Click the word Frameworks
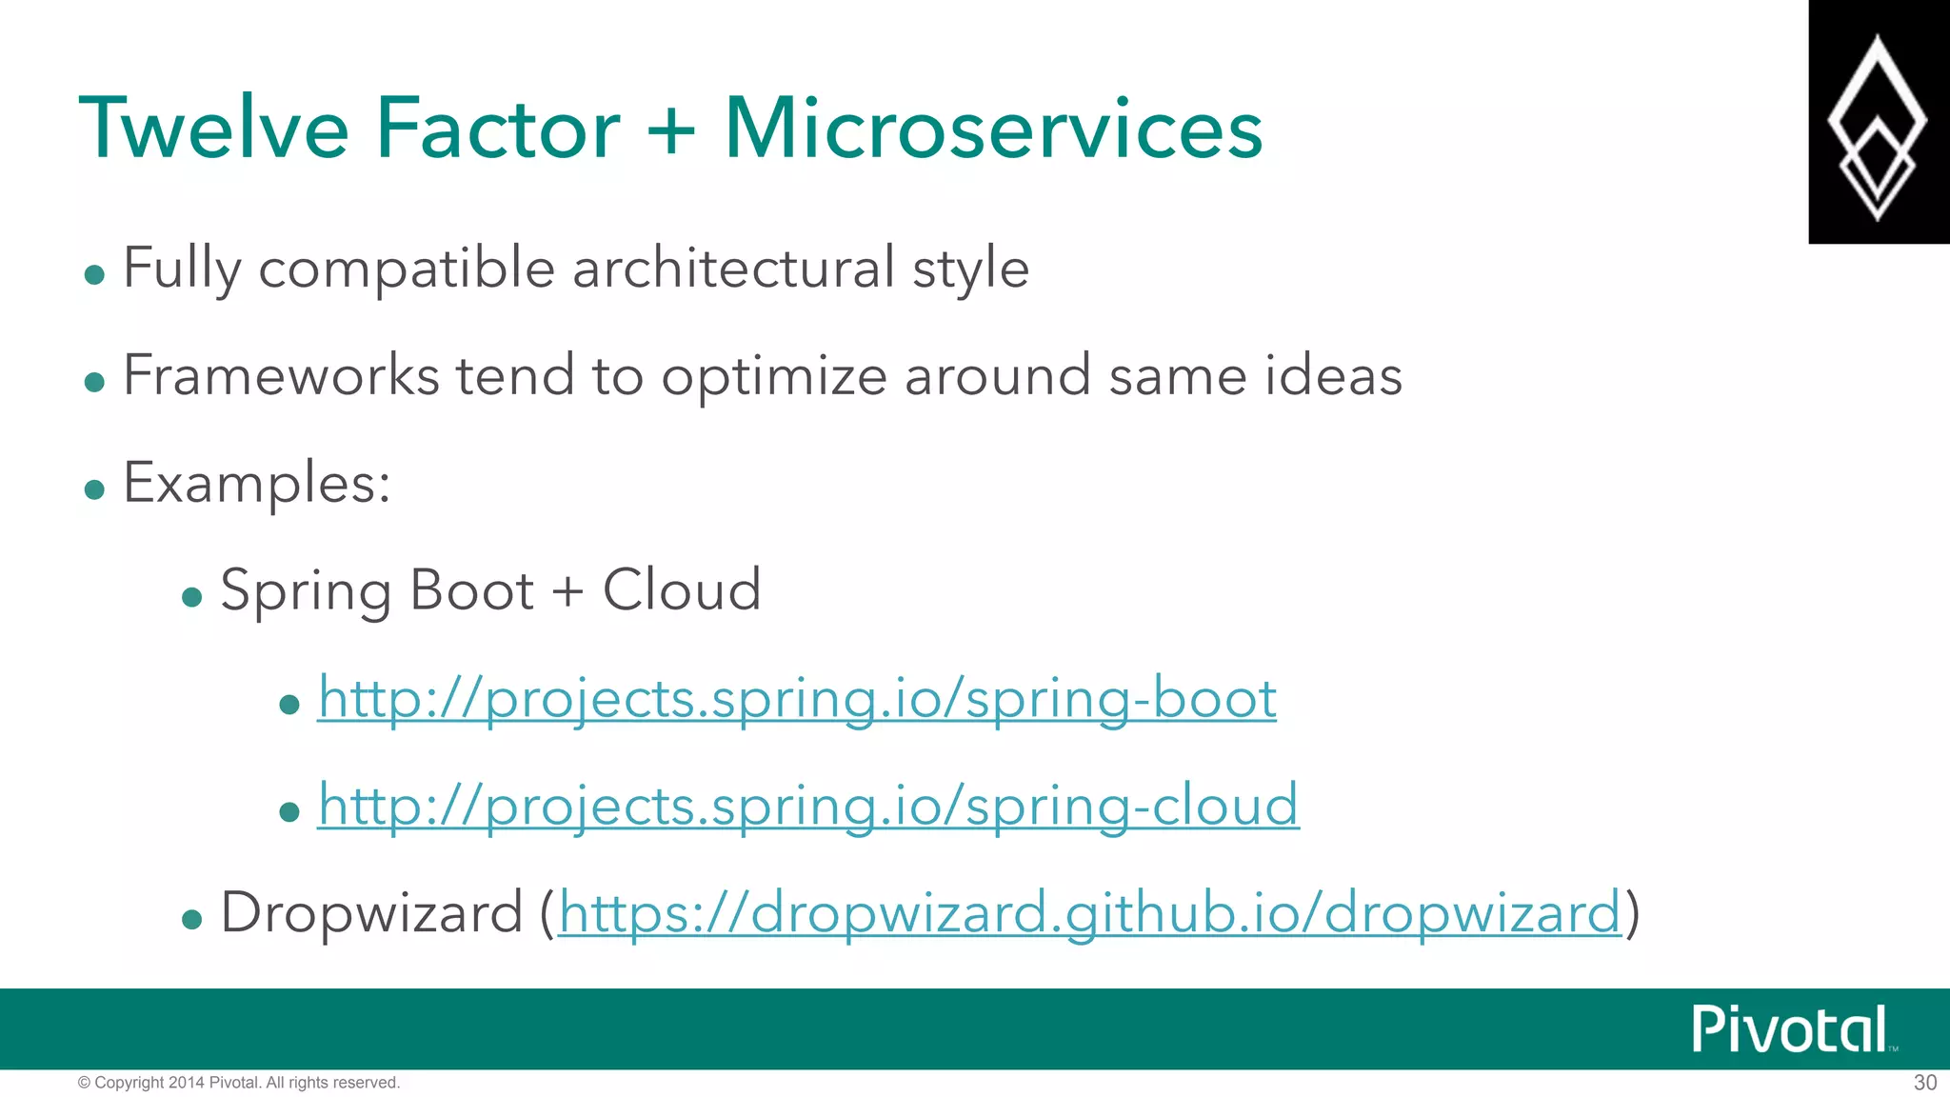tap(281, 375)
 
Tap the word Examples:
tap(257, 484)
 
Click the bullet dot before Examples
tap(93, 489)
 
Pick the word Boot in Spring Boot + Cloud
tap(471, 590)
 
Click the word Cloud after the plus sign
tap(682, 590)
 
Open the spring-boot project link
tap(797, 699)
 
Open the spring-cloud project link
tap(808, 807)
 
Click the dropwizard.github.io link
tap(1089, 914)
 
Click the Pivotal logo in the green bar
tap(1790, 1029)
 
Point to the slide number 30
tap(1924, 1083)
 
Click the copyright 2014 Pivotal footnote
tap(238, 1083)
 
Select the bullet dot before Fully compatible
tap(93, 275)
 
